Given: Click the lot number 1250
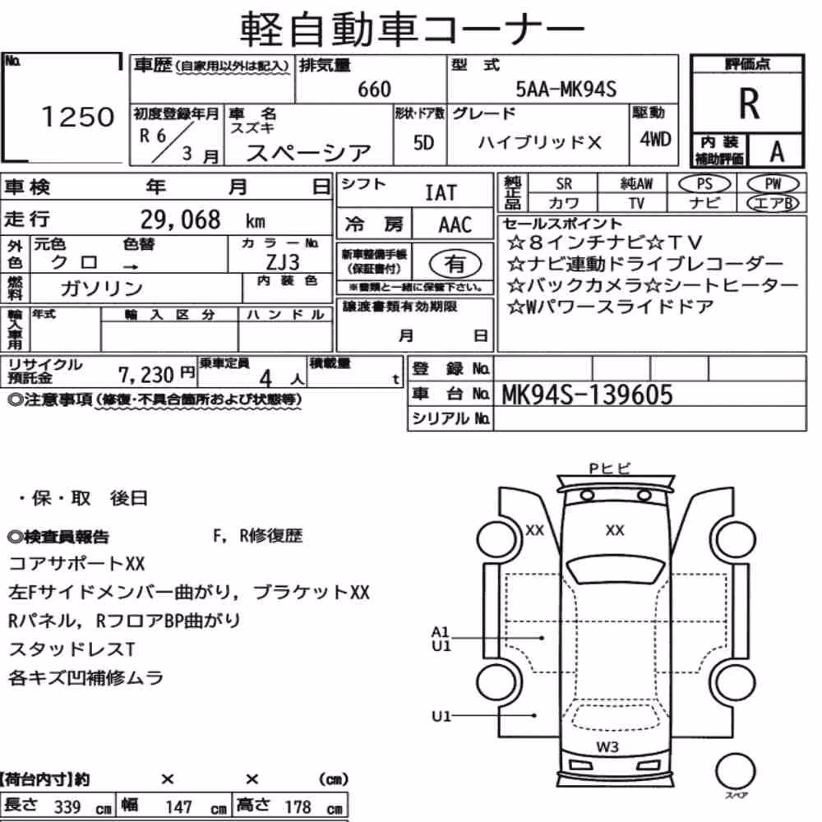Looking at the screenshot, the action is tap(77, 117).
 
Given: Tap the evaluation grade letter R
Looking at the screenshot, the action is tap(749, 104).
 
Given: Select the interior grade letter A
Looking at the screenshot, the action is tap(777, 152).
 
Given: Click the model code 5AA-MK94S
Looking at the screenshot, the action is tap(566, 89).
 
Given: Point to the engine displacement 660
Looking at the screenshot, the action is tap(374, 89).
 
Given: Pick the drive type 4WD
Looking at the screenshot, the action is tap(655, 140).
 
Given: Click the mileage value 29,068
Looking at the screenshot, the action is tap(180, 219).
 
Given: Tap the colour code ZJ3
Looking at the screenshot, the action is tap(283, 261).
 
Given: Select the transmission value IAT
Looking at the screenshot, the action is tap(441, 193).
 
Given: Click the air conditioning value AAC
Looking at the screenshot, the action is tap(455, 225).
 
